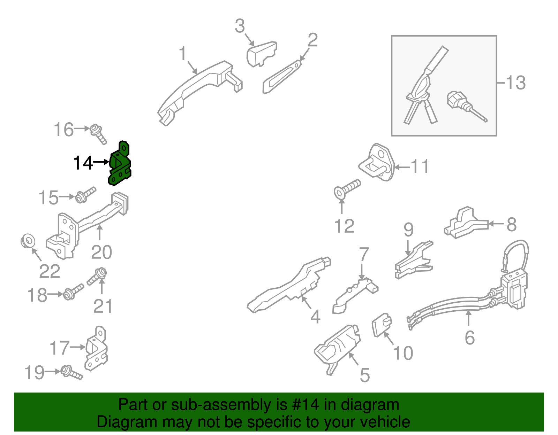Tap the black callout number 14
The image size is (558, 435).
(x=83, y=163)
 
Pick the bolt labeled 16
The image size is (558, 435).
(x=98, y=134)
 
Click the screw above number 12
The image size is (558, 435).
(x=347, y=188)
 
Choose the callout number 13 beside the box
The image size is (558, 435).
(x=515, y=83)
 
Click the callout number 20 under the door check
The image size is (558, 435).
(x=101, y=252)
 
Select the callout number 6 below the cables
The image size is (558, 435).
(x=470, y=337)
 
